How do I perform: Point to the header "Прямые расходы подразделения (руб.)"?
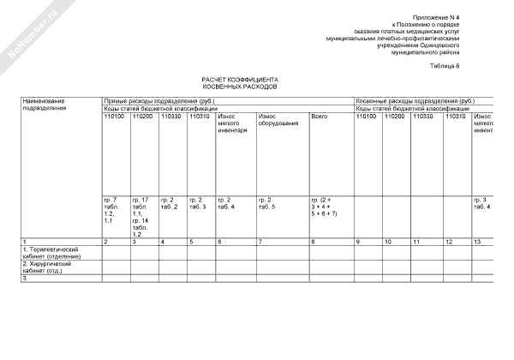159,101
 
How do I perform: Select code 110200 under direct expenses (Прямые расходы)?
142,117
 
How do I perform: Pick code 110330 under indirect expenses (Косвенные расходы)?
423,117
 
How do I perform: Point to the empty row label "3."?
26,278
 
